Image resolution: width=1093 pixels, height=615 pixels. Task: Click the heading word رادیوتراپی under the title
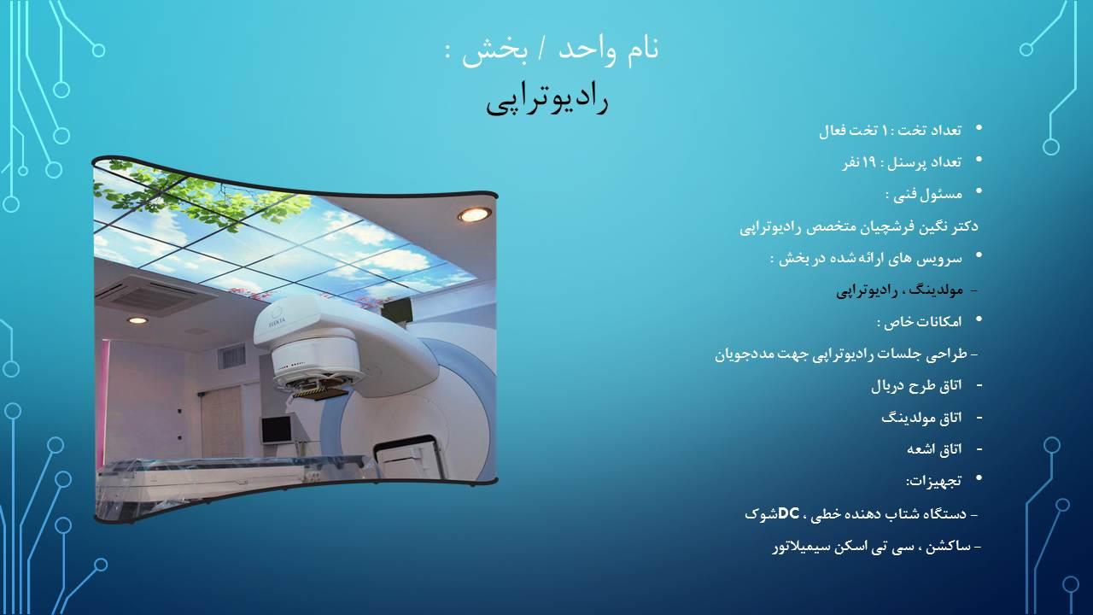coord(546,100)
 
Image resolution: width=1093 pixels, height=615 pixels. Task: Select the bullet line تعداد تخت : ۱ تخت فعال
coord(890,131)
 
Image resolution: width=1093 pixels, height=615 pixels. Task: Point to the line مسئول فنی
coord(924,195)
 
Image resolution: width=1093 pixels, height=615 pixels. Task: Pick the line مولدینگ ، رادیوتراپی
coord(899,290)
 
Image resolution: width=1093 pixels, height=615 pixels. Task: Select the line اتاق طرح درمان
coord(915,386)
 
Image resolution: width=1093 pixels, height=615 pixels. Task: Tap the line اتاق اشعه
coord(934,448)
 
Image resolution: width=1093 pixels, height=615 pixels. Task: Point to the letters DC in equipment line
coord(788,513)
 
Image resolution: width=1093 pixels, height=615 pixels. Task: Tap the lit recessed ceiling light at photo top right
coord(474,214)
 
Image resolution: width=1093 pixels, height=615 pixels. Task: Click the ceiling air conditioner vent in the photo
coord(145,296)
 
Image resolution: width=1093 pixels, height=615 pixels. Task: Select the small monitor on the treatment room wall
coord(276,429)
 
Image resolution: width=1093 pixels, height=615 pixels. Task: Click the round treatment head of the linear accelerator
coord(312,359)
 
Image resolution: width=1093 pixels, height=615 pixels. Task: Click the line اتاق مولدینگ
coord(921,418)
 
